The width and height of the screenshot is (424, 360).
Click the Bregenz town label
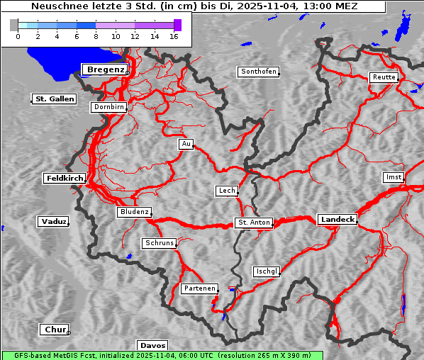pyautogui.click(x=105, y=69)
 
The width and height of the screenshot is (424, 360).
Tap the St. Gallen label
pyautogui.click(x=54, y=99)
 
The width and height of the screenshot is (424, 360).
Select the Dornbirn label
pyautogui.click(x=109, y=108)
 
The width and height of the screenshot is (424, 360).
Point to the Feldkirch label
pyautogui.click(x=65, y=178)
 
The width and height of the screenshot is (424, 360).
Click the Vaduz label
pyautogui.click(x=53, y=222)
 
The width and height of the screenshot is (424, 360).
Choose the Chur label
pyautogui.click(x=54, y=330)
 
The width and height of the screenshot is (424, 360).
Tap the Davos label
pyautogui.click(x=152, y=345)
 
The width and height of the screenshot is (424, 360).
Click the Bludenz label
pyautogui.click(x=134, y=212)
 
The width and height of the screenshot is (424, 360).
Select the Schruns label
pyautogui.click(x=159, y=243)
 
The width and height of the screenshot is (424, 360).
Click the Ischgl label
pyautogui.click(x=267, y=271)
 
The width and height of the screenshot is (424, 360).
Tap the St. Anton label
pyautogui.click(x=254, y=223)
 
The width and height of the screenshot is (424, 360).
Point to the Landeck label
pyautogui.click(x=337, y=220)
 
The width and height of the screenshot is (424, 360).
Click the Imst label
pyautogui.click(x=392, y=176)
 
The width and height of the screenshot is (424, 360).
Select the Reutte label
pyautogui.click(x=384, y=77)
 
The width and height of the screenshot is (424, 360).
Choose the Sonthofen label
pyautogui.click(x=258, y=72)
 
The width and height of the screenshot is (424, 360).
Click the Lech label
pyautogui.click(x=226, y=191)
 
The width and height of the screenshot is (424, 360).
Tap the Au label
pyautogui.click(x=186, y=144)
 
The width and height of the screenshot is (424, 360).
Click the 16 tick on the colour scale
pyautogui.click(x=173, y=35)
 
